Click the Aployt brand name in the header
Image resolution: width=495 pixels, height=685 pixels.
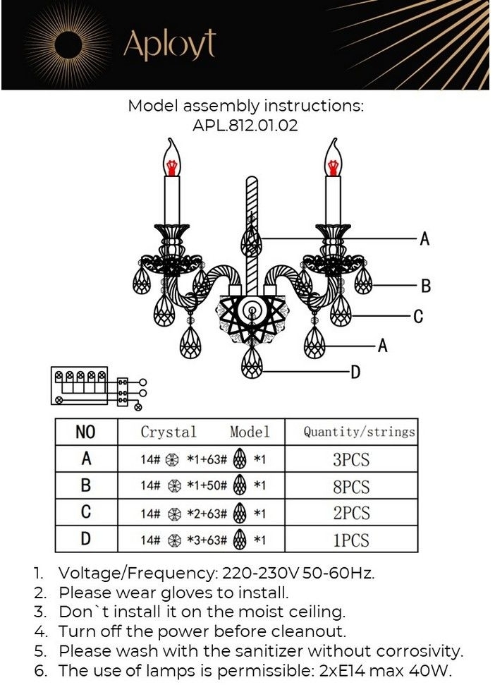[169, 44]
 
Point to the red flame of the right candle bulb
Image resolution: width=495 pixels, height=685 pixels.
[332, 166]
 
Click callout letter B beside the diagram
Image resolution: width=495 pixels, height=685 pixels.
[425, 286]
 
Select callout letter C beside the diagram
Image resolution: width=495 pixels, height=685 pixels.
[418, 317]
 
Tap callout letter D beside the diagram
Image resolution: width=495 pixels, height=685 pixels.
[355, 372]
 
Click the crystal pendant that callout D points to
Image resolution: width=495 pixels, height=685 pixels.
[251, 365]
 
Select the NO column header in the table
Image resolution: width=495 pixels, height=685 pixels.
[85, 432]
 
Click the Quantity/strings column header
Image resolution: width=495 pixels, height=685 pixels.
[359, 432]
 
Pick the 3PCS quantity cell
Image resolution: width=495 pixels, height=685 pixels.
[351, 460]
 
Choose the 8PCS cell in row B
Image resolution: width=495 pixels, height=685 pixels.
[351, 487]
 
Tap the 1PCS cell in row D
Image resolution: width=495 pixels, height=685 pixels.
[351, 540]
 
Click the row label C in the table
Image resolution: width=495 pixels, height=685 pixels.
[85, 513]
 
